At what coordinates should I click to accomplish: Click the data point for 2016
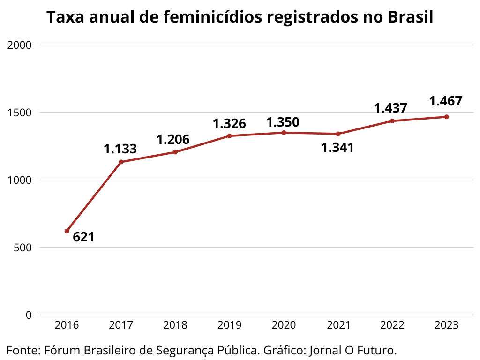pyautogui.click(x=67, y=231)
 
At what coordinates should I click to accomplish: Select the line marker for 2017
pyautogui.click(x=121, y=162)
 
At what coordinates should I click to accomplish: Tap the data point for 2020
pyautogui.click(x=284, y=133)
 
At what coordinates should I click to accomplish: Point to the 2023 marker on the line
pyautogui.click(x=447, y=117)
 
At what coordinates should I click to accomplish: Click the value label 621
pyautogui.click(x=83, y=237)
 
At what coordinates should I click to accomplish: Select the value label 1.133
pyautogui.click(x=120, y=149)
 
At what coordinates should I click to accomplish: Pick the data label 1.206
pyautogui.click(x=173, y=140)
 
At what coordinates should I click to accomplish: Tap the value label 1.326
pyautogui.click(x=229, y=124)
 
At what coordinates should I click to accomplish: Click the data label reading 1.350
pyautogui.click(x=283, y=122)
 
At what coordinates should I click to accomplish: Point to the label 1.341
pyautogui.click(x=337, y=148)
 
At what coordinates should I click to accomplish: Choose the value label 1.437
pyautogui.click(x=390, y=108)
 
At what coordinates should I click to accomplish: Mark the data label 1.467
pyautogui.click(x=446, y=101)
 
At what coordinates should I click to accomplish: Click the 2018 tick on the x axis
pyautogui.click(x=175, y=325)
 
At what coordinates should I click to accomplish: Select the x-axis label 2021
pyautogui.click(x=338, y=325)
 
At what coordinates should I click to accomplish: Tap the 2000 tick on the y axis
pyautogui.click(x=20, y=45)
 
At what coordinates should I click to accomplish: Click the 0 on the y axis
pyautogui.click(x=29, y=315)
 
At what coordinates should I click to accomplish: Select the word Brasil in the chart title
pyautogui.click(x=410, y=18)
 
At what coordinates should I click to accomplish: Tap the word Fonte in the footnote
pyautogui.click(x=22, y=350)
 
